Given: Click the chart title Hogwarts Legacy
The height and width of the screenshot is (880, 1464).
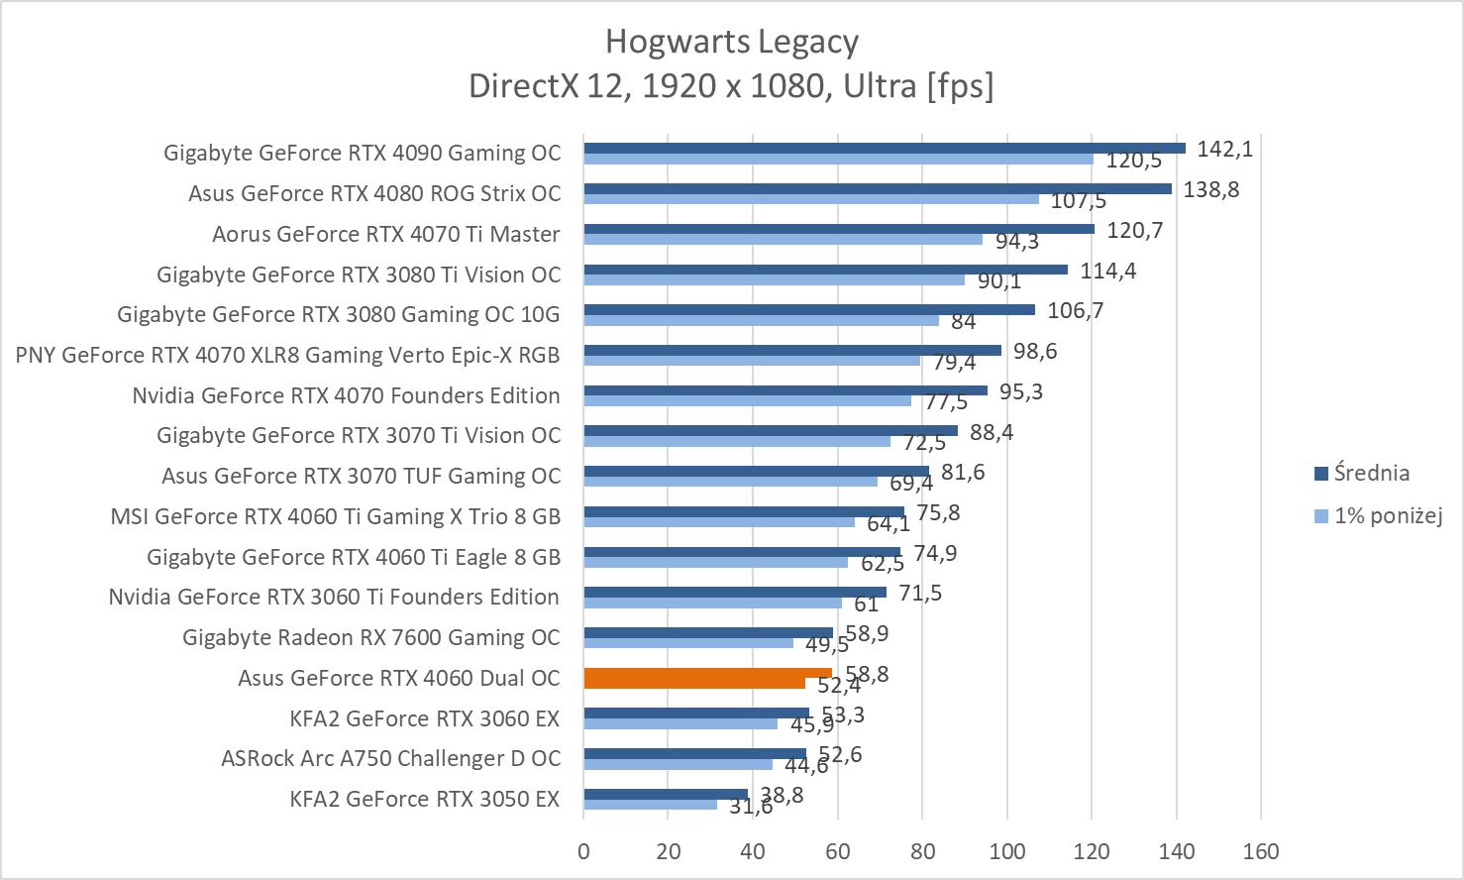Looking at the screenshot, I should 731,42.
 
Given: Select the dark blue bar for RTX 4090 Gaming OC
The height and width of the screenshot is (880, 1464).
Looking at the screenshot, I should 884,148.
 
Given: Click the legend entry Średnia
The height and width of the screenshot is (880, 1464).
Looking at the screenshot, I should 1371,473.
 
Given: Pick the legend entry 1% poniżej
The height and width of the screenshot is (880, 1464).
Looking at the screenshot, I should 1387,515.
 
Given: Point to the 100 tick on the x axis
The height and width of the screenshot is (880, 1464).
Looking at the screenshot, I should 1006,851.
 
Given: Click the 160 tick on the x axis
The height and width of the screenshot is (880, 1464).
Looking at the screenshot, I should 1261,851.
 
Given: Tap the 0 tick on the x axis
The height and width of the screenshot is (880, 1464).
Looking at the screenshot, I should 583,851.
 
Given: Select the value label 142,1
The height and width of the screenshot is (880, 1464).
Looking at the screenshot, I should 1225,149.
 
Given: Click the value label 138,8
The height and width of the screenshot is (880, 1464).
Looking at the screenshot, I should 1210,189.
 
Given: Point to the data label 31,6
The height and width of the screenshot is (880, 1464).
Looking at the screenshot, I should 751,807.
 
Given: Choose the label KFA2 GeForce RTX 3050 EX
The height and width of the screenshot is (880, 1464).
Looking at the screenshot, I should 425,799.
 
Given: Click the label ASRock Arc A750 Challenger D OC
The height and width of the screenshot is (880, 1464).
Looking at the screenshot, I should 390,758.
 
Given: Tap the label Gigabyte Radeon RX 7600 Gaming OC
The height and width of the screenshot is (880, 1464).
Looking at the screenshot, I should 370,637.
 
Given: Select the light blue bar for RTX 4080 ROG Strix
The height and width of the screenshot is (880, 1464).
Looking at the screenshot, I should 810,198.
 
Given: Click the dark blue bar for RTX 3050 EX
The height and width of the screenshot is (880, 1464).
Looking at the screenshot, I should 665,794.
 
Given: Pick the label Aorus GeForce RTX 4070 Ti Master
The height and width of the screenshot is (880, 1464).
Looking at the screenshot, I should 385,234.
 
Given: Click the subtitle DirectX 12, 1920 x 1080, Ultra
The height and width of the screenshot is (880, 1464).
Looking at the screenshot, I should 731,86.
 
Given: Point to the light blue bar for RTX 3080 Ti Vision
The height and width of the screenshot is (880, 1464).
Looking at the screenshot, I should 774,279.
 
